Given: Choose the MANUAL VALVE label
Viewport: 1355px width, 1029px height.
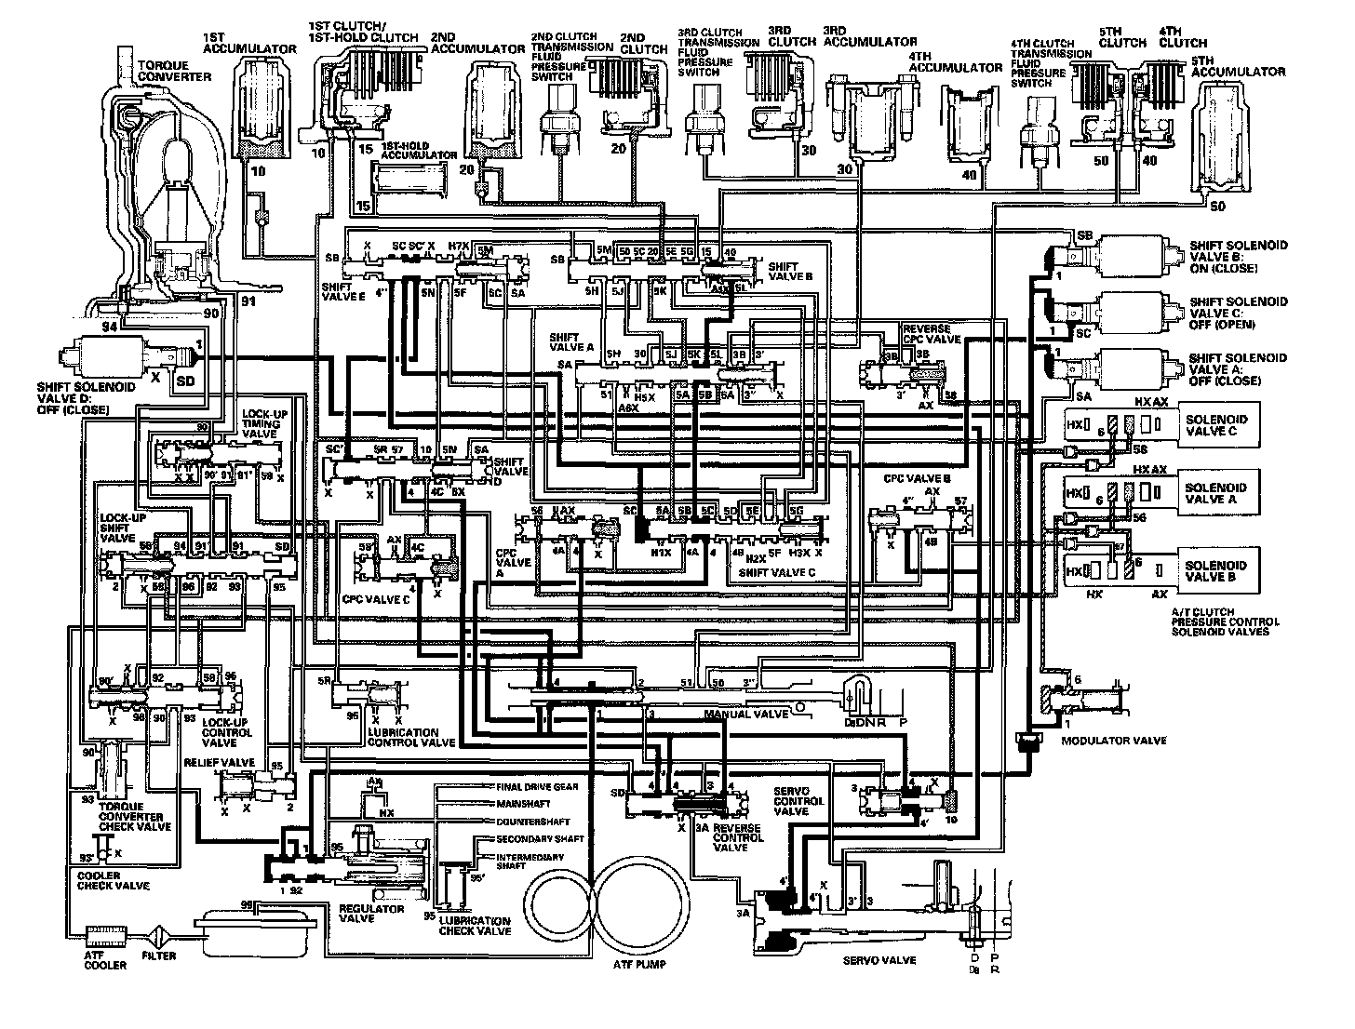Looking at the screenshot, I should pos(742,715).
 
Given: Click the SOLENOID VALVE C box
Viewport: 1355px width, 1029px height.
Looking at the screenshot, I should pos(1215,425).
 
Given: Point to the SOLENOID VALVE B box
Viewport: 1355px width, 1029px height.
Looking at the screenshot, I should pos(1215,570).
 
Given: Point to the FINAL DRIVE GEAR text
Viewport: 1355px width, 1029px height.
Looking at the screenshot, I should pos(539,787).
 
